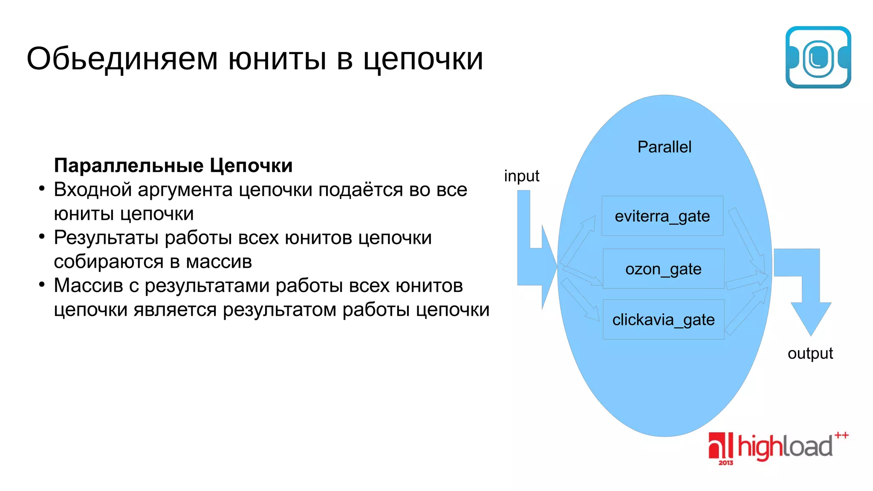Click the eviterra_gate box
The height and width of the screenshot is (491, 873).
pos(662,216)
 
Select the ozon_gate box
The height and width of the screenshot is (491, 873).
pos(663,269)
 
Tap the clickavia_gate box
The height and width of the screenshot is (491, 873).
pos(663,320)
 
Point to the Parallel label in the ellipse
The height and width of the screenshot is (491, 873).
pos(664,147)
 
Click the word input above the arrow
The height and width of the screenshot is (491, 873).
pos(521,176)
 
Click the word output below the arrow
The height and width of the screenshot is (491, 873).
pos(810,353)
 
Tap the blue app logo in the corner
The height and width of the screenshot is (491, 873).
pos(818,58)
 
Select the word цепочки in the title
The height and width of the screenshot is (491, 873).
pos(423,60)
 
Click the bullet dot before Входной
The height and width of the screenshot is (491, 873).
pos(41,188)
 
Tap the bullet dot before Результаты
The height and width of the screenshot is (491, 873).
pos(41,237)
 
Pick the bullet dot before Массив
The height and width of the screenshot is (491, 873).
pos(41,284)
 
